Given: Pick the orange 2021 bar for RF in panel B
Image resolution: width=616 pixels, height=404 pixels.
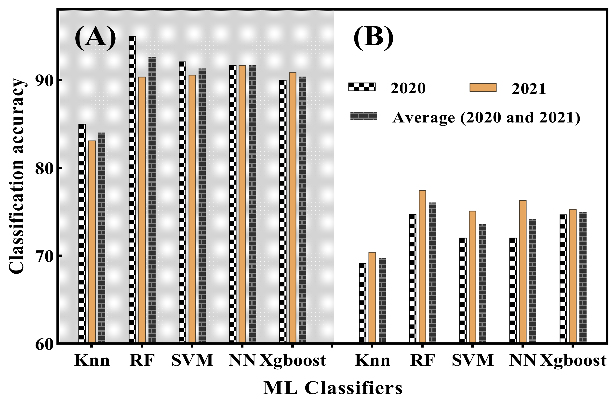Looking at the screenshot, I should pyautogui.click(x=422, y=266).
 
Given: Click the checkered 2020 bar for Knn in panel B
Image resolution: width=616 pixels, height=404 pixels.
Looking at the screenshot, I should pyautogui.click(x=362, y=303).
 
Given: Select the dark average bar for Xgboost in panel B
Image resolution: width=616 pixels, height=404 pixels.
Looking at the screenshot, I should pyautogui.click(x=583, y=277).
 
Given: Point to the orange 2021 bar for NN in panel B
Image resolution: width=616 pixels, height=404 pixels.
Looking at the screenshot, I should pyautogui.click(x=522, y=271).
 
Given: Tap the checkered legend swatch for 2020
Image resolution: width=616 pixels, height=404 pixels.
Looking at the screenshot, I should pyautogui.click(x=362, y=87).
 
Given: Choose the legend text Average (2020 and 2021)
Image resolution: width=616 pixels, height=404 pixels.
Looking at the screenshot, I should pyautogui.click(x=486, y=118).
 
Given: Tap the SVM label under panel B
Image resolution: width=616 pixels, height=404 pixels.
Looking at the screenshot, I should pyautogui.click(x=473, y=360).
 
